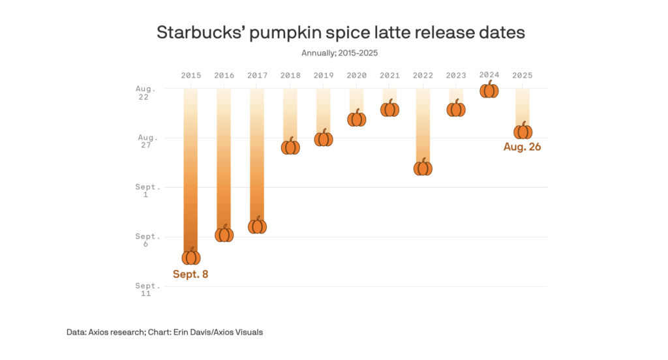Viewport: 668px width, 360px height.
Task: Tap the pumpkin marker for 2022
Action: click(423, 168)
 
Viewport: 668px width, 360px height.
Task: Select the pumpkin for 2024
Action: click(489, 90)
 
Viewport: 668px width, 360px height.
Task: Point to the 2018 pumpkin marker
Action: click(290, 146)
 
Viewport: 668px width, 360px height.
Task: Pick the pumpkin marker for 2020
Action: click(356, 118)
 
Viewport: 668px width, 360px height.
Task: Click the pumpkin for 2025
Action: click(523, 130)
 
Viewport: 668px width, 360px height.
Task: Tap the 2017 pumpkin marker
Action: click(257, 226)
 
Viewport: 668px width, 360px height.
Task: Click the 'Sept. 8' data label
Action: click(190, 274)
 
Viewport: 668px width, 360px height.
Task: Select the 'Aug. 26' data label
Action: click(523, 147)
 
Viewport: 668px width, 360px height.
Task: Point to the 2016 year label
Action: click(224, 76)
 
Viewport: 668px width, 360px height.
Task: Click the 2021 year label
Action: click(389, 76)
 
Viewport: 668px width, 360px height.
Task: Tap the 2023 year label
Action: click(456, 76)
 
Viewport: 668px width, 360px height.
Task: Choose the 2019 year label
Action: click(324, 76)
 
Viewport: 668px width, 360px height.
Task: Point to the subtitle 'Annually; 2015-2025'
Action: click(340, 52)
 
